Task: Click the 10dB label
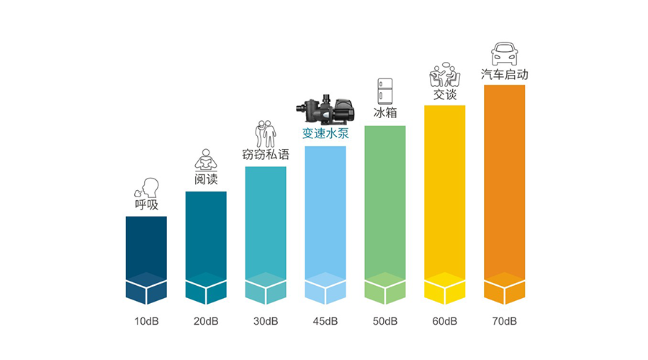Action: [146, 320]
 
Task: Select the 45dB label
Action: [325, 320]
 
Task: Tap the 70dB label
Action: [505, 320]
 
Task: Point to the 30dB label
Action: [266, 320]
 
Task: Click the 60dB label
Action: [445, 320]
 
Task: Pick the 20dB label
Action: [206, 320]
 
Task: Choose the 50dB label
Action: [385, 320]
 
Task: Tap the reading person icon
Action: [206, 160]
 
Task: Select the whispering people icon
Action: [266, 135]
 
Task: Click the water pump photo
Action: [325, 110]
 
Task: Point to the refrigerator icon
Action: [385, 91]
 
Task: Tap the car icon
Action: [504, 55]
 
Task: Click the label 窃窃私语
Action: [266, 154]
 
